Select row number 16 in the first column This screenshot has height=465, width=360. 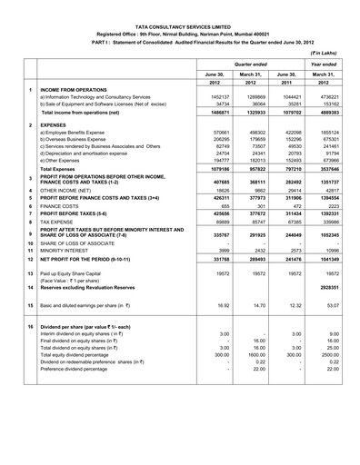pyautogui.click(x=17, y=401)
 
